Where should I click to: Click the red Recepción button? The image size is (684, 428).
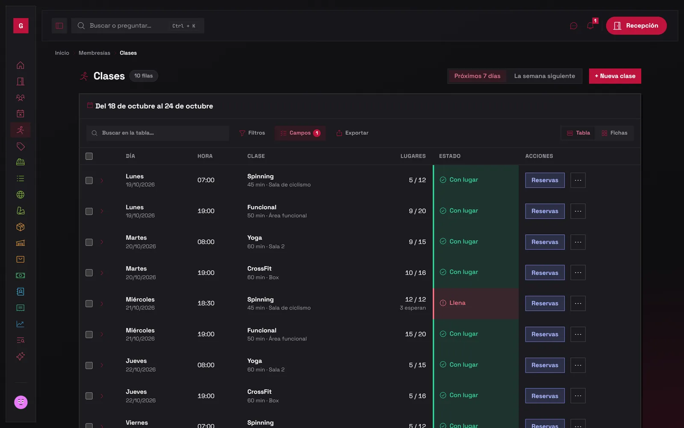point(636,26)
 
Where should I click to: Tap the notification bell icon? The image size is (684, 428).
point(590,26)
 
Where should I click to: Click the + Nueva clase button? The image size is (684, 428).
point(615,76)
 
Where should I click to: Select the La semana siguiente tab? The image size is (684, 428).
point(545,76)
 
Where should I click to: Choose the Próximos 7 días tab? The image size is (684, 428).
point(477,76)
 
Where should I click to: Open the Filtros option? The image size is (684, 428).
point(252,133)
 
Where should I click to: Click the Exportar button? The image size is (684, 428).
point(352,133)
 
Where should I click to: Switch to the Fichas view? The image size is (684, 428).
point(614,133)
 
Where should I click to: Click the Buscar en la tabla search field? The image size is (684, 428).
point(158,133)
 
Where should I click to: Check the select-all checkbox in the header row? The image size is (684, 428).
point(89,156)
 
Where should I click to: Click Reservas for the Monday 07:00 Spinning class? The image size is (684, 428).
point(545,180)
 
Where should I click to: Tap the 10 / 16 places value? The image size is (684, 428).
point(415,273)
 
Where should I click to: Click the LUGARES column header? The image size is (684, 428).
point(413,156)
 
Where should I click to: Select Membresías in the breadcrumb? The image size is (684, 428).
point(94,53)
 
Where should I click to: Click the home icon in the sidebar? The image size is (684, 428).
point(21,65)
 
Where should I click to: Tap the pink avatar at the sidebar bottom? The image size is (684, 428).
point(21,402)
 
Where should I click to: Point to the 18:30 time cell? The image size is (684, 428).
point(206,303)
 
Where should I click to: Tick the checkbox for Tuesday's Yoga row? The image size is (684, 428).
point(89,242)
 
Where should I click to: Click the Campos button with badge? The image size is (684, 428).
point(300,133)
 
